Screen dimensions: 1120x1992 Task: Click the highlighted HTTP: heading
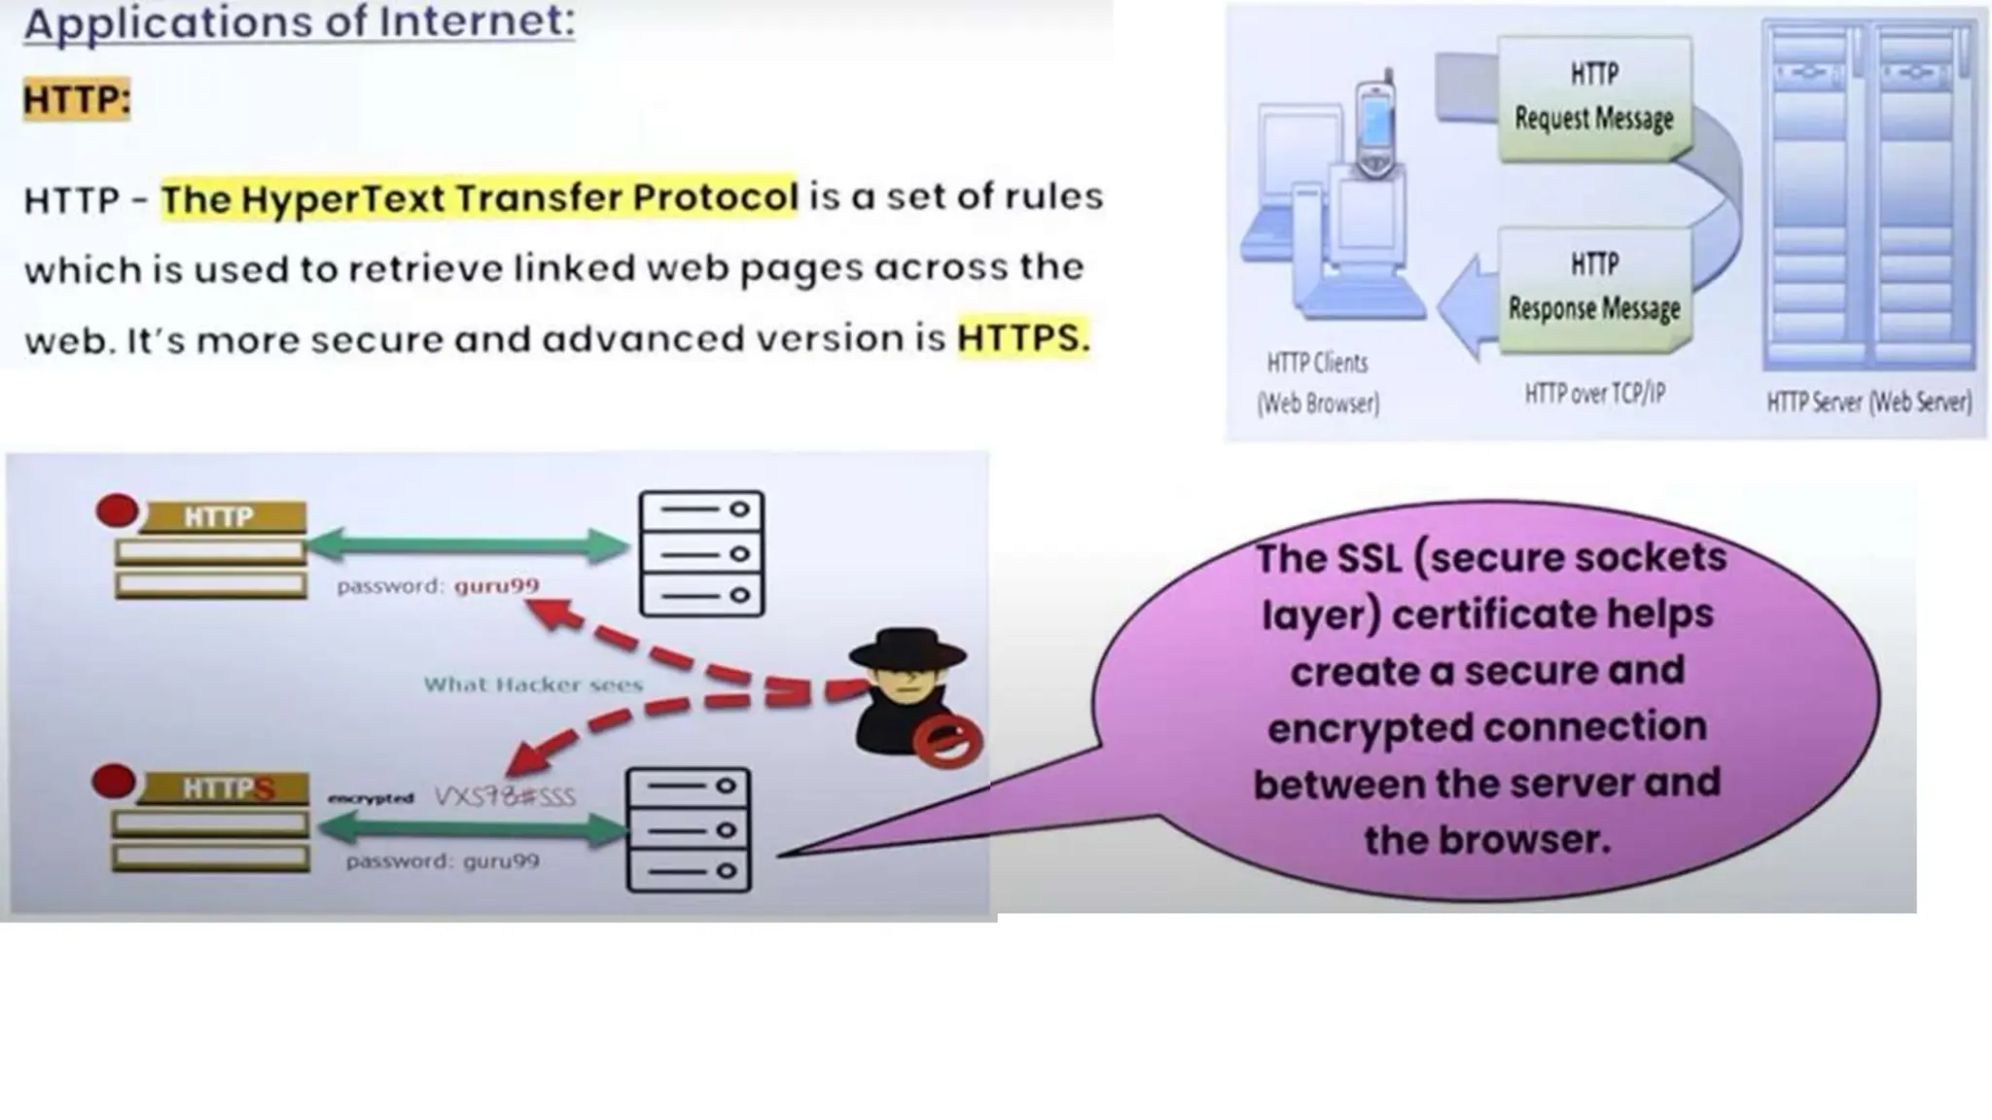tap(76, 99)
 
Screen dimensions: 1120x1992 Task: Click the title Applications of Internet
tap(300, 21)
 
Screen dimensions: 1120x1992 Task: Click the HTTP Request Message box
tap(1593, 97)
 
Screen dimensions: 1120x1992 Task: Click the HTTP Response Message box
tap(1594, 288)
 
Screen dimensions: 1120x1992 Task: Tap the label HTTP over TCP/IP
tap(1594, 394)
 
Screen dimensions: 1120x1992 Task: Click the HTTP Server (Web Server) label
tap(1868, 402)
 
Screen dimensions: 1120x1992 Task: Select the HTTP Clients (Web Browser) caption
tap(1318, 383)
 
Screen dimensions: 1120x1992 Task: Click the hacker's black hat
tap(907, 647)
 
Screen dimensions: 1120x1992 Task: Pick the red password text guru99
tap(496, 585)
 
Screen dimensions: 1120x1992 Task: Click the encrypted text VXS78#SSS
tap(505, 797)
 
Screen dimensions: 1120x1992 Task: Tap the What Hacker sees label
tap(533, 684)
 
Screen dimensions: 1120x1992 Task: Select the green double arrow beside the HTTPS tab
tap(472, 829)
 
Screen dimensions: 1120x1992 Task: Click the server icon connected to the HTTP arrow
tap(701, 553)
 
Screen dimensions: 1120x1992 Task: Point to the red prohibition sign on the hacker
tap(946, 742)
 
